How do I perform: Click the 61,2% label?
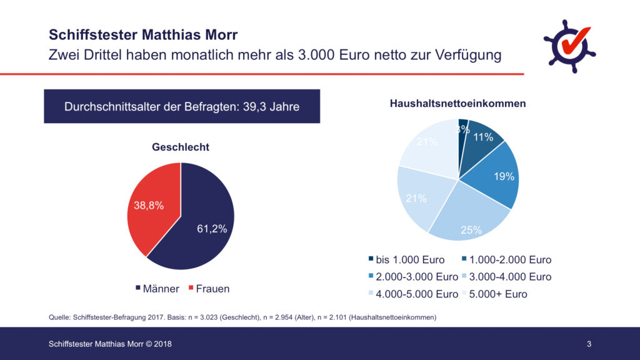click(x=212, y=229)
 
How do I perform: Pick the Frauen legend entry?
click(x=208, y=289)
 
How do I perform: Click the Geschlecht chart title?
click(x=181, y=147)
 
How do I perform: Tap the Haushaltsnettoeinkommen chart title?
click(x=458, y=103)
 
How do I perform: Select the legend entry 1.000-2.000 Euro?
click(x=506, y=259)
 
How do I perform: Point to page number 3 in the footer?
click(x=589, y=344)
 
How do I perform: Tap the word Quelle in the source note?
click(x=60, y=317)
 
